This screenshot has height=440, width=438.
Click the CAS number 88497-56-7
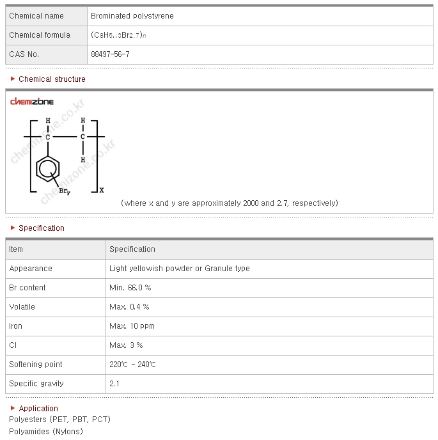110,54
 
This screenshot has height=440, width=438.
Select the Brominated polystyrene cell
132,16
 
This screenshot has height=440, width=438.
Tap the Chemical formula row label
40,35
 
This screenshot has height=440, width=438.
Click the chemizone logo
32,102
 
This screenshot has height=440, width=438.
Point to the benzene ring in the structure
48,169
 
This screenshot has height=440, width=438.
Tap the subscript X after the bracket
102,190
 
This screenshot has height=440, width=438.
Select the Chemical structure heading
52,79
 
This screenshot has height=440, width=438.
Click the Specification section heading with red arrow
41,228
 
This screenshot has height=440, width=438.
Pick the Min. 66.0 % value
130,288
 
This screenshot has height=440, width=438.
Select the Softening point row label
36,365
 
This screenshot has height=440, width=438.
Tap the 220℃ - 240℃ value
132,365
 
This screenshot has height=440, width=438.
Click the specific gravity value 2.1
114,384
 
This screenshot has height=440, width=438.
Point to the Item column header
16,249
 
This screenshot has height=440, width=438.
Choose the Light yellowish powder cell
179,269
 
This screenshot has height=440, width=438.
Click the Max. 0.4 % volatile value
129,307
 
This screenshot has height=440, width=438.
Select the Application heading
38,409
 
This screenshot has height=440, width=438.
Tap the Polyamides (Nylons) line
46,431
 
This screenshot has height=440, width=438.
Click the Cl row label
13,345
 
